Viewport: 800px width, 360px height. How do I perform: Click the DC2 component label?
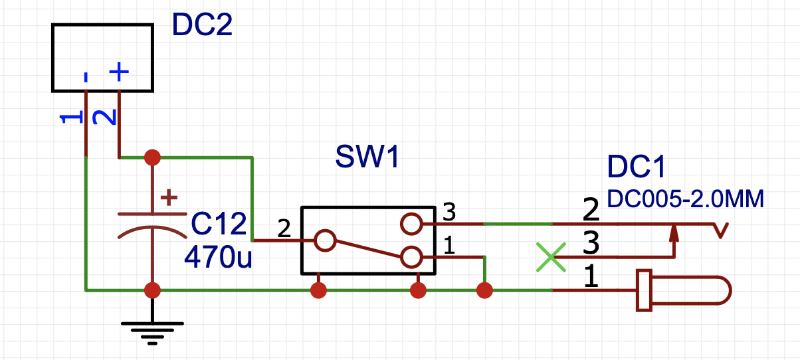click(x=202, y=25)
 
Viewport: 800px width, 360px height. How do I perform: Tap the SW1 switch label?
click(x=367, y=157)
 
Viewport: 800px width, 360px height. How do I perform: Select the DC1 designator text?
click(x=636, y=167)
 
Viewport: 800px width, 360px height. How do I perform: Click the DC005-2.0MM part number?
click(x=685, y=199)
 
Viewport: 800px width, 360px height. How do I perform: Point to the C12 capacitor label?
click(x=219, y=224)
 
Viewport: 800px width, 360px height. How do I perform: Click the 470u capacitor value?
click(x=218, y=257)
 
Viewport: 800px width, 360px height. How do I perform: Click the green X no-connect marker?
click(x=551, y=257)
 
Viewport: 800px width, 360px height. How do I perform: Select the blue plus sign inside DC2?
click(x=119, y=72)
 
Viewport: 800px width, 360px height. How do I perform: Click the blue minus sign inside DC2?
click(x=86, y=77)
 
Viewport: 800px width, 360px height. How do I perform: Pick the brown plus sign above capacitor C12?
click(x=169, y=197)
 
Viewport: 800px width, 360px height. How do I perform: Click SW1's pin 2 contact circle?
click(x=325, y=240)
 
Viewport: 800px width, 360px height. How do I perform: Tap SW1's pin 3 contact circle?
click(x=411, y=224)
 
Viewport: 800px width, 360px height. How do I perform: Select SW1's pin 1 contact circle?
click(x=411, y=257)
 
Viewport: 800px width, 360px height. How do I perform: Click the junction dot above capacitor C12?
click(x=153, y=157)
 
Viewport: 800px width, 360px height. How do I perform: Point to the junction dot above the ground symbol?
click(x=153, y=290)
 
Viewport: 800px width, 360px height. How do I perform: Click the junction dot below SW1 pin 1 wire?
click(x=484, y=290)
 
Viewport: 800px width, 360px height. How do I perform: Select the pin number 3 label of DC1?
click(x=591, y=243)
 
